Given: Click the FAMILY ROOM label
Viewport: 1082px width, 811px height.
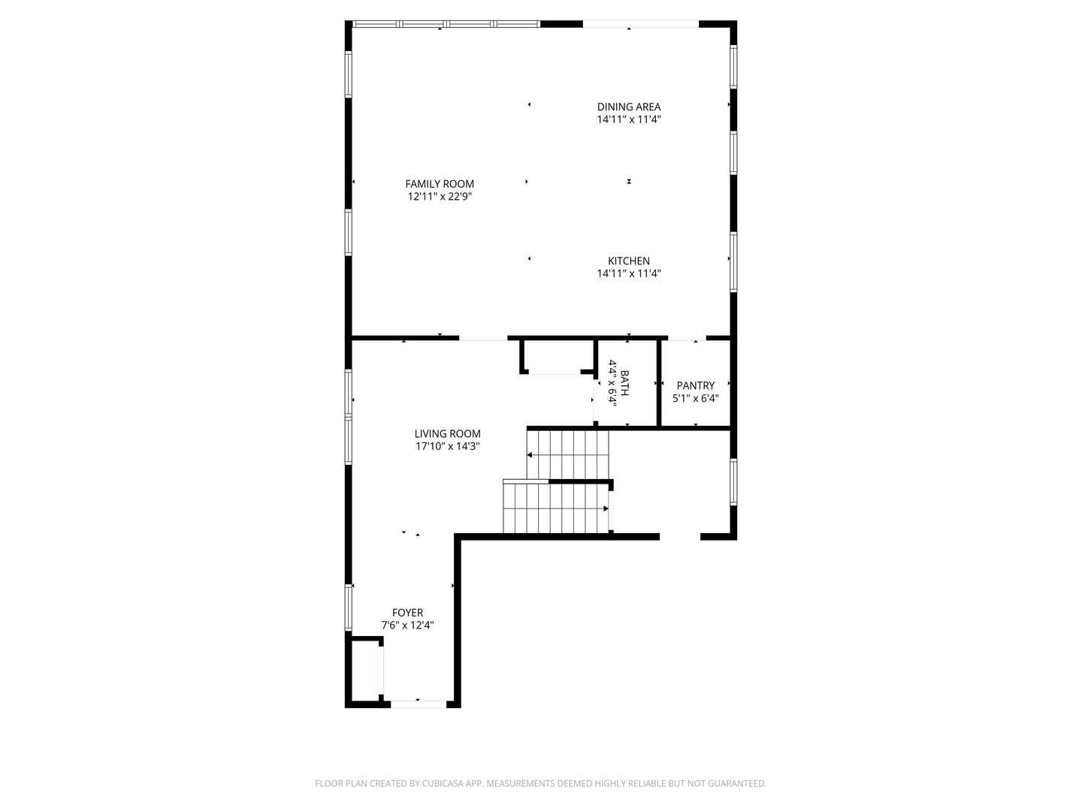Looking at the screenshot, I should pyautogui.click(x=440, y=184).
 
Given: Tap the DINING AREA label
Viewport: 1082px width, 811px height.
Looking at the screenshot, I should pyautogui.click(x=629, y=107).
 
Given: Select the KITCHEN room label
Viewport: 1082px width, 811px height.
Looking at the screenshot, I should pyautogui.click(x=629, y=261).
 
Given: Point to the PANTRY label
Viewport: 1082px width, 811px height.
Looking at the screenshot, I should pyautogui.click(x=696, y=386).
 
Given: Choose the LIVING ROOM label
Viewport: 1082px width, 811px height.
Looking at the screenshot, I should pyautogui.click(x=447, y=433).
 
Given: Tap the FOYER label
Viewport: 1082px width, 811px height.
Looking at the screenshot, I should pyautogui.click(x=407, y=613).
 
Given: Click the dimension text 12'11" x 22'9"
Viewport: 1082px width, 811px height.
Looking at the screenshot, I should pyautogui.click(x=440, y=197).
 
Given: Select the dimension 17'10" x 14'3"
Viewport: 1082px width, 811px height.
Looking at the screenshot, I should pyautogui.click(x=447, y=446).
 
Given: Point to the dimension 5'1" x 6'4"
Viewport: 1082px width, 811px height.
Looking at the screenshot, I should pyautogui.click(x=696, y=399).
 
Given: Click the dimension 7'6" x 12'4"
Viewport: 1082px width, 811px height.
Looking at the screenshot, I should pyautogui.click(x=407, y=626).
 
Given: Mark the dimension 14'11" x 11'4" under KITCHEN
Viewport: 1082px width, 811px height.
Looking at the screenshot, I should pyautogui.click(x=629, y=274).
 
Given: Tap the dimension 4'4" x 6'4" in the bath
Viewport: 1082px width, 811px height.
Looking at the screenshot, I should pyautogui.click(x=612, y=383).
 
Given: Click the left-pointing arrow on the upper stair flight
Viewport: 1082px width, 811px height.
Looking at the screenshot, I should pyautogui.click(x=530, y=455).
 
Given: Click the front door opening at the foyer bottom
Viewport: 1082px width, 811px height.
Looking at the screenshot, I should pyautogui.click(x=419, y=704).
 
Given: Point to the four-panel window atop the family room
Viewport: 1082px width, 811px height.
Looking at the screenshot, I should pyautogui.click(x=446, y=24).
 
